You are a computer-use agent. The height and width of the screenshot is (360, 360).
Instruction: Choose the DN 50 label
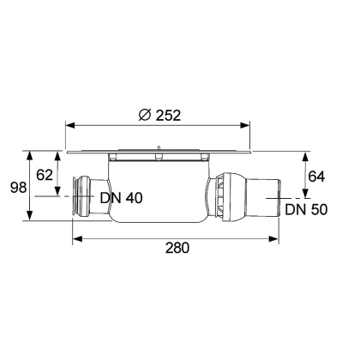pos(306,208)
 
